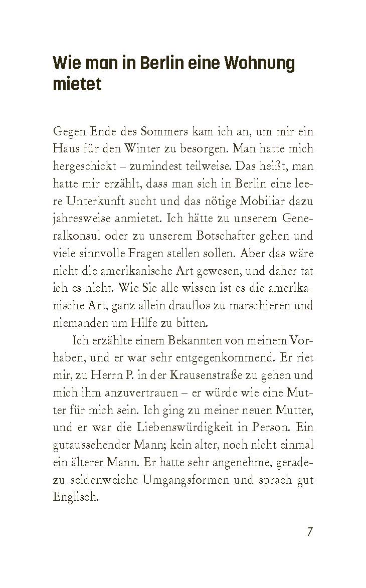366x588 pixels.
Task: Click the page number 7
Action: (310, 532)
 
